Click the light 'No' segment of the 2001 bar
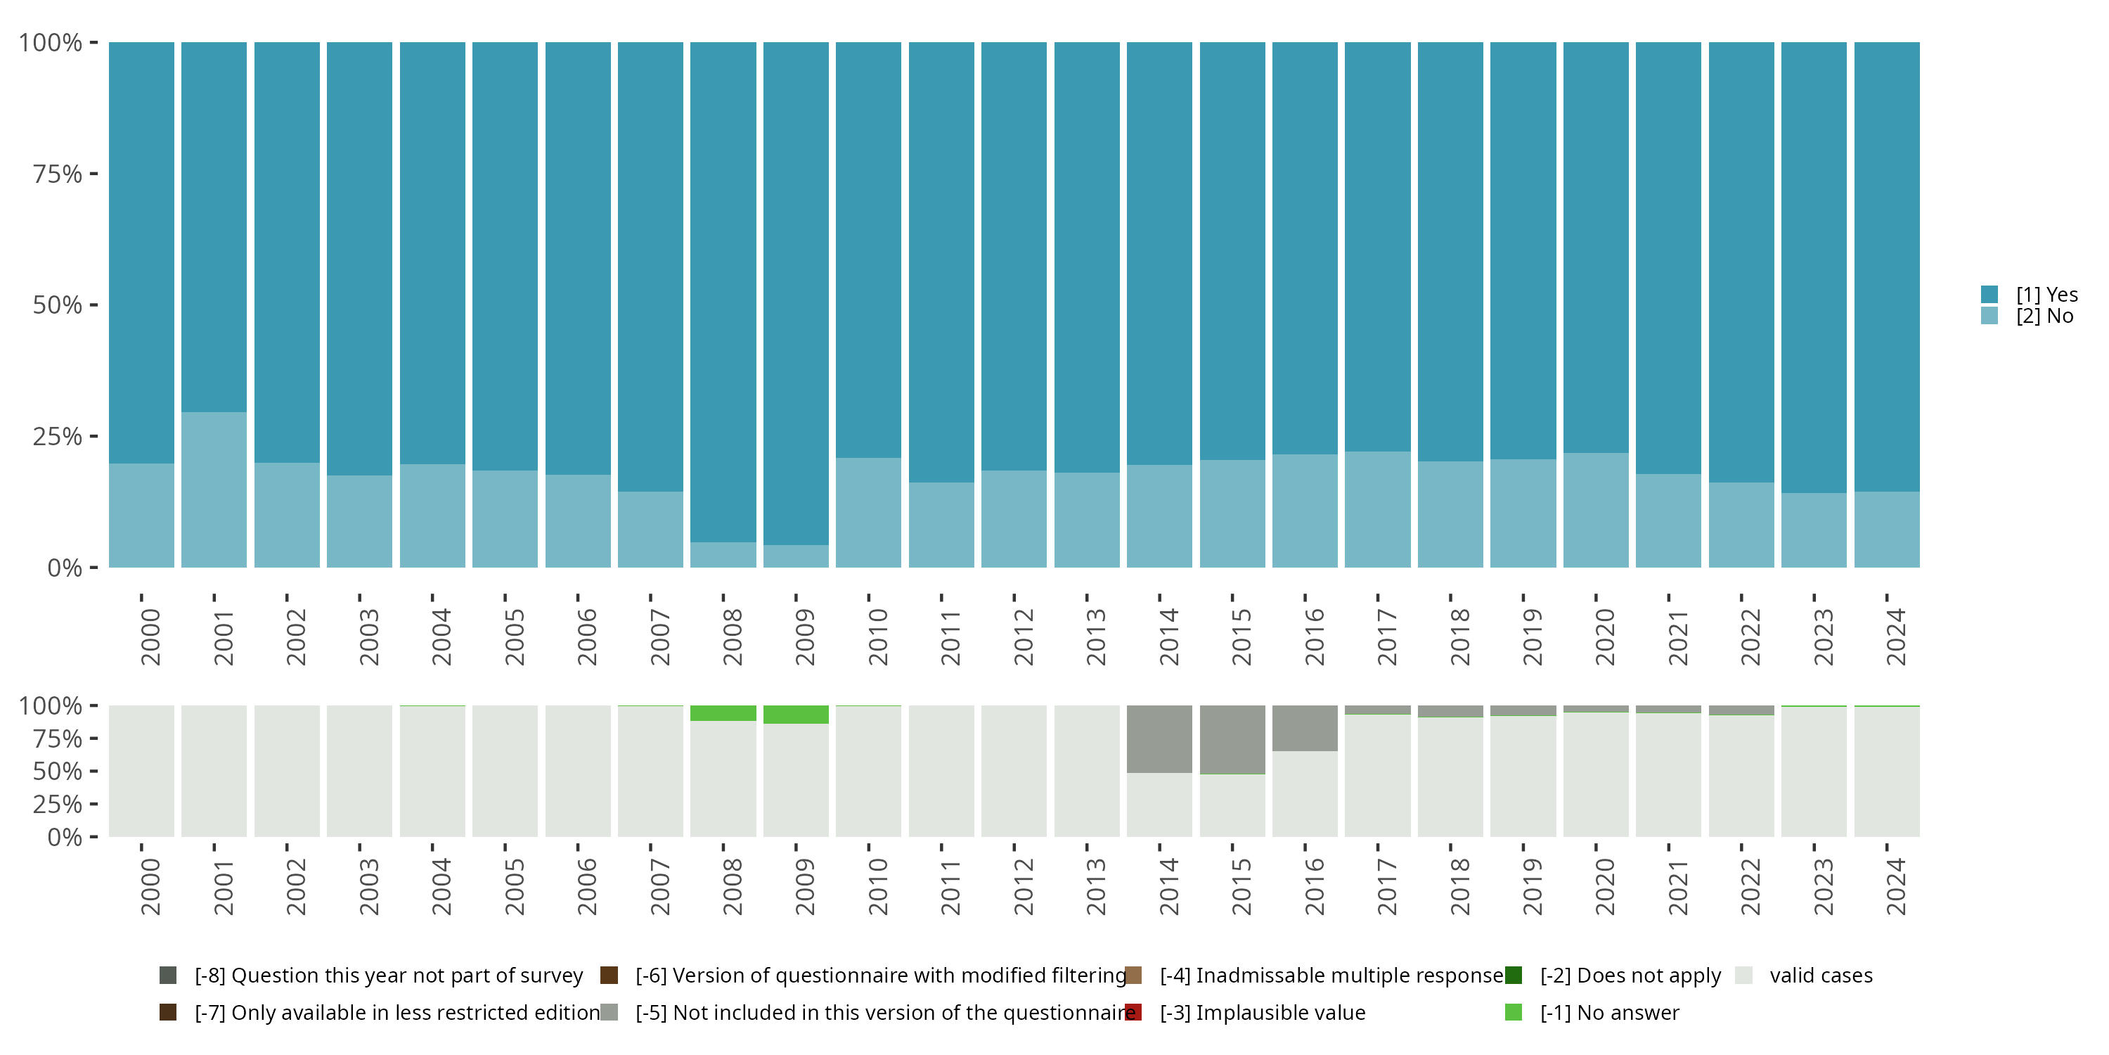click(214, 489)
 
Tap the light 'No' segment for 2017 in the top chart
click(1377, 509)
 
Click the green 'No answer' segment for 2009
click(796, 715)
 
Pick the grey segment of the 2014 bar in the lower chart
click(1159, 738)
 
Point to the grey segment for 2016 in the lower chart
click(1305, 728)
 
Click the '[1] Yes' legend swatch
click(1989, 295)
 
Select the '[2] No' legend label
click(2044, 316)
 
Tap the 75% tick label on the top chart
click(58, 174)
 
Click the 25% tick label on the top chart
click(58, 437)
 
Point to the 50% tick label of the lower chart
click(58, 772)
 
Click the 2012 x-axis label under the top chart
click(1024, 637)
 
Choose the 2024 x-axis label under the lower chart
click(1896, 886)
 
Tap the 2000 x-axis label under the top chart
click(150, 637)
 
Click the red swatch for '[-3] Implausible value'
click(1134, 1012)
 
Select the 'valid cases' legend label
click(1821, 976)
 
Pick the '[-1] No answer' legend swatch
click(1514, 1012)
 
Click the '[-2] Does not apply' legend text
click(1630, 976)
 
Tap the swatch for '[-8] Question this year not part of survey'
click(168, 976)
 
